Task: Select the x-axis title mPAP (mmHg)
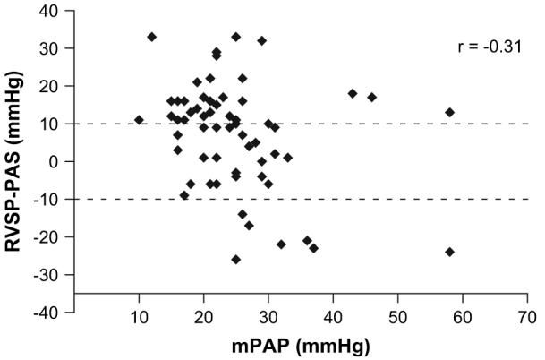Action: (300, 346)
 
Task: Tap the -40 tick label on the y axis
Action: (51, 313)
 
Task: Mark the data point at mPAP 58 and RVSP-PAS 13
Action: (450, 112)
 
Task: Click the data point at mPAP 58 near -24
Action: (449, 252)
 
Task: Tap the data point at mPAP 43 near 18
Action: (353, 93)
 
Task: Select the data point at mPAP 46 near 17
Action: (372, 97)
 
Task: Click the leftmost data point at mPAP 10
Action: (139, 119)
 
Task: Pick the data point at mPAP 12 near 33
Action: (151, 37)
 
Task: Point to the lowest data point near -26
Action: (236, 259)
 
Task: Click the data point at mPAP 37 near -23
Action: (313, 248)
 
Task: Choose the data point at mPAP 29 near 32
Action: (262, 40)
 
